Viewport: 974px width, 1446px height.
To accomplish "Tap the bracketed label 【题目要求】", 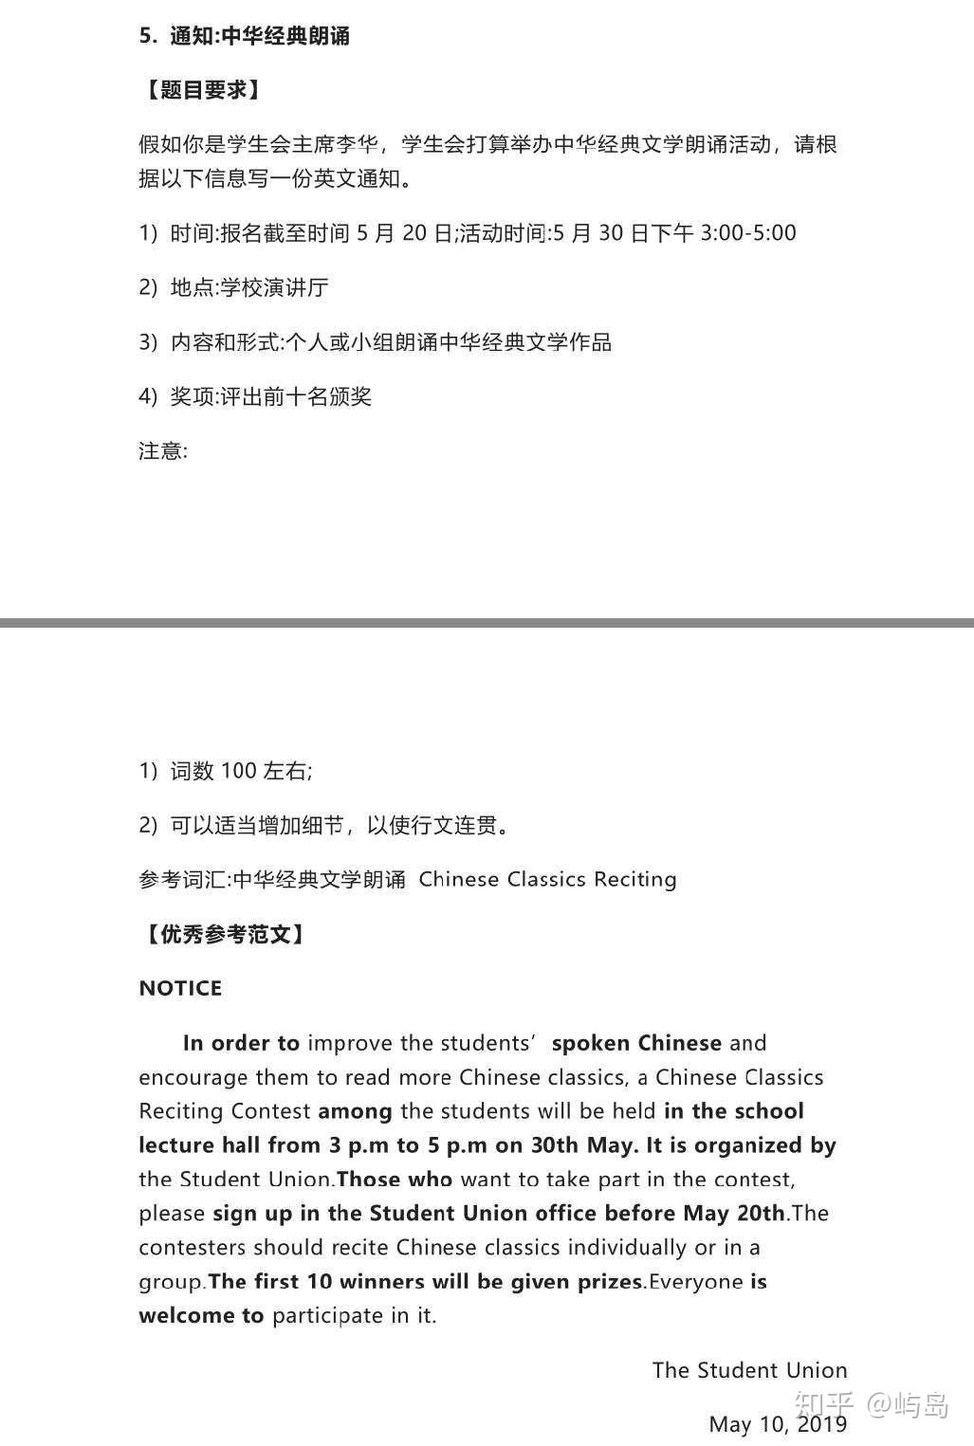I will (200, 90).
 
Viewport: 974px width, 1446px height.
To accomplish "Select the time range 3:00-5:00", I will (747, 233).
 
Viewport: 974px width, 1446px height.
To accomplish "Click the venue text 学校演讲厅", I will (274, 287).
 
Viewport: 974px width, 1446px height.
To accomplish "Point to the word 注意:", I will (163, 450).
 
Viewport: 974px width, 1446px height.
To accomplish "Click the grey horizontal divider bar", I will (487, 623).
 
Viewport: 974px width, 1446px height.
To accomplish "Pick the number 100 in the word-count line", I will (239, 771).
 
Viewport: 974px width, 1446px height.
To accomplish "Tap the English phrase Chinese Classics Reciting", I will (547, 879).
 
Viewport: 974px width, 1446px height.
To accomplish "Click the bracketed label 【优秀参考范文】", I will (224, 934).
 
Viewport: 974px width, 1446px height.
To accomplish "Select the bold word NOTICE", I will (180, 988).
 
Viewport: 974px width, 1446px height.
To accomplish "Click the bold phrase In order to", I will (241, 1043).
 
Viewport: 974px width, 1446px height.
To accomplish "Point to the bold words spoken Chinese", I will (636, 1043).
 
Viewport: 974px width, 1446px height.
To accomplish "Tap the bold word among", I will (356, 1111).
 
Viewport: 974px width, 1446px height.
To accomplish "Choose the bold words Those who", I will (395, 1180).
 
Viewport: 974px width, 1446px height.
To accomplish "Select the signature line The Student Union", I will (749, 1370).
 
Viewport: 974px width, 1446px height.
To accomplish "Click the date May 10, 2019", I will (778, 1424).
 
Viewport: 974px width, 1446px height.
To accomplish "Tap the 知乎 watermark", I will (824, 1403).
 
